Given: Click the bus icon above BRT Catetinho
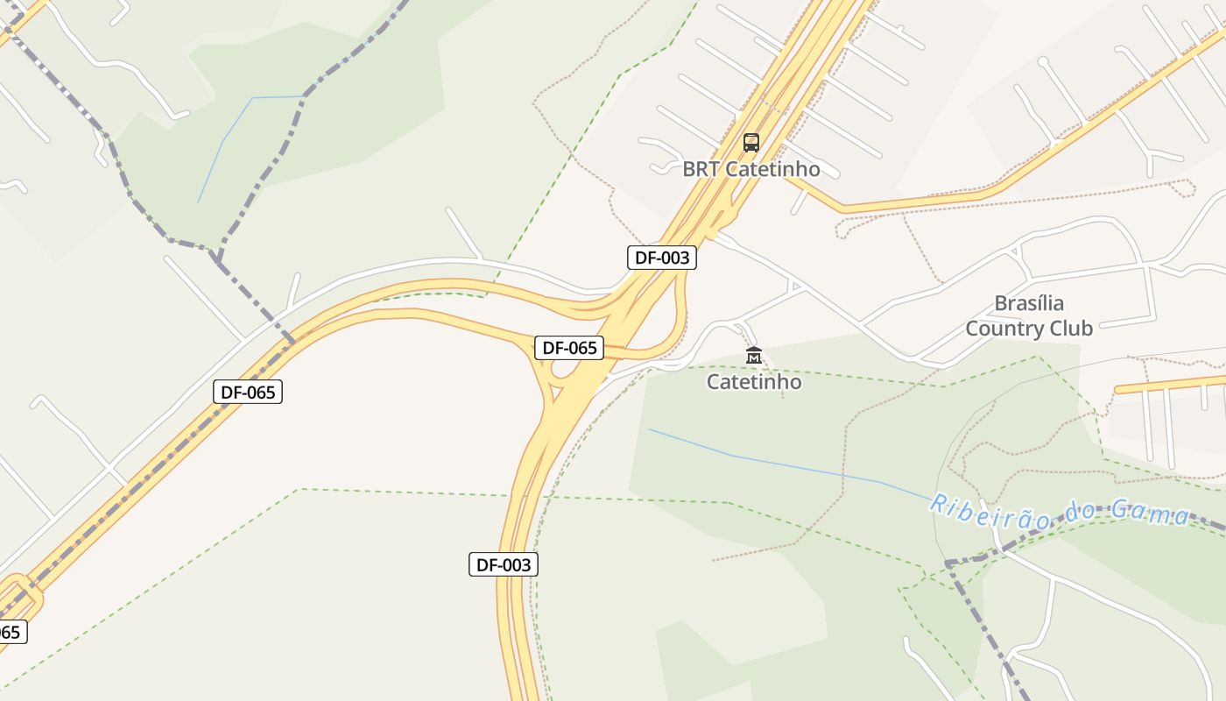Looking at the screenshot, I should tap(750, 142).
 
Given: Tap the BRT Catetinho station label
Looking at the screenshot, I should tap(751, 169).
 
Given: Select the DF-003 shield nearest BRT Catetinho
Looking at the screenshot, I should tap(662, 258).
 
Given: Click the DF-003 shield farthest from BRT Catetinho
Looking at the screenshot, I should tap(504, 565).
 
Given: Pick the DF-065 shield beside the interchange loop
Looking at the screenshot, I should tap(569, 348).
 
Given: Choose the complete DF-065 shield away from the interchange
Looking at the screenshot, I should tap(248, 392).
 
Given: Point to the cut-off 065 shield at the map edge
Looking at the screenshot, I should tap(11, 632).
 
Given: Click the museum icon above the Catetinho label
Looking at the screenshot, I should tap(753, 356).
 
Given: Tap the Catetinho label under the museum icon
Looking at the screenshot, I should tap(754, 382).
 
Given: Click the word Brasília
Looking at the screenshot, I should tap(1029, 304).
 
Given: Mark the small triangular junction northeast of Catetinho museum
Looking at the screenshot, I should tap(794, 286).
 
